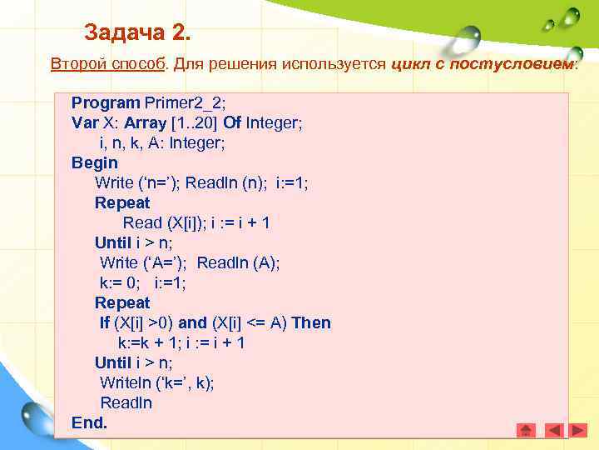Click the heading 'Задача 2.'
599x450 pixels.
[x=137, y=33]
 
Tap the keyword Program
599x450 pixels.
[x=106, y=102]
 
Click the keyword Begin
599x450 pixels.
[x=95, y=162]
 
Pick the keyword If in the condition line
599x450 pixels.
[x=104, y=322]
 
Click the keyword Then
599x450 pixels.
[x=311, y=322]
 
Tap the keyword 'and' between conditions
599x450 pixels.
[x=192, y=322]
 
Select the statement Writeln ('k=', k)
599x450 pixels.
[x=157, y=382]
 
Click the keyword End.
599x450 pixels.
[x=89, y=422]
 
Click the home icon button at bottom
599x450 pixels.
[x=526, y=430]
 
